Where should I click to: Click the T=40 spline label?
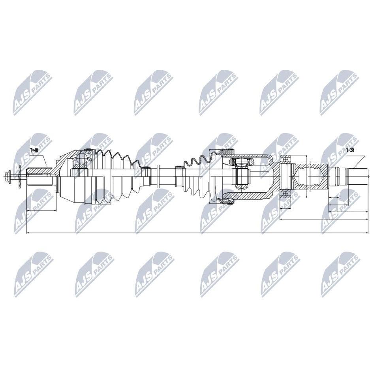tap(34, 150)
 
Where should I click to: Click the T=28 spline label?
tap(350, 150)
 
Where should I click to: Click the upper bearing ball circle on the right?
tap(285, 159)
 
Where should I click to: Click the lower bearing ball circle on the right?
tap(285, 194)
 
